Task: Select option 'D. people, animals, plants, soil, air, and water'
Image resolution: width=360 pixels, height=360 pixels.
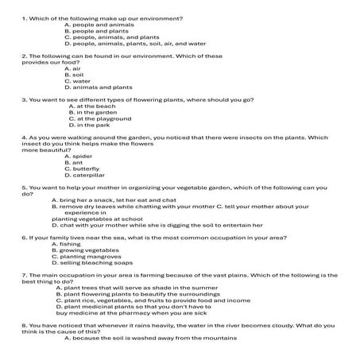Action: point(134,44)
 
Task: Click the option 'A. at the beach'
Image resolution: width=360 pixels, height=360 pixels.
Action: point(92,106)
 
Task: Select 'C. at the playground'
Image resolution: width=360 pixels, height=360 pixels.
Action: point(100,119)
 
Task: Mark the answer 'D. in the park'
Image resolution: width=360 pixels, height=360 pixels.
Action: point(89,126)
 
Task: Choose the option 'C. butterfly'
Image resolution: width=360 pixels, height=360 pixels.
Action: point(83,169)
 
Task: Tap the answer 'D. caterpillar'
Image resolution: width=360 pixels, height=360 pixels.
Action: point(84,176)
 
